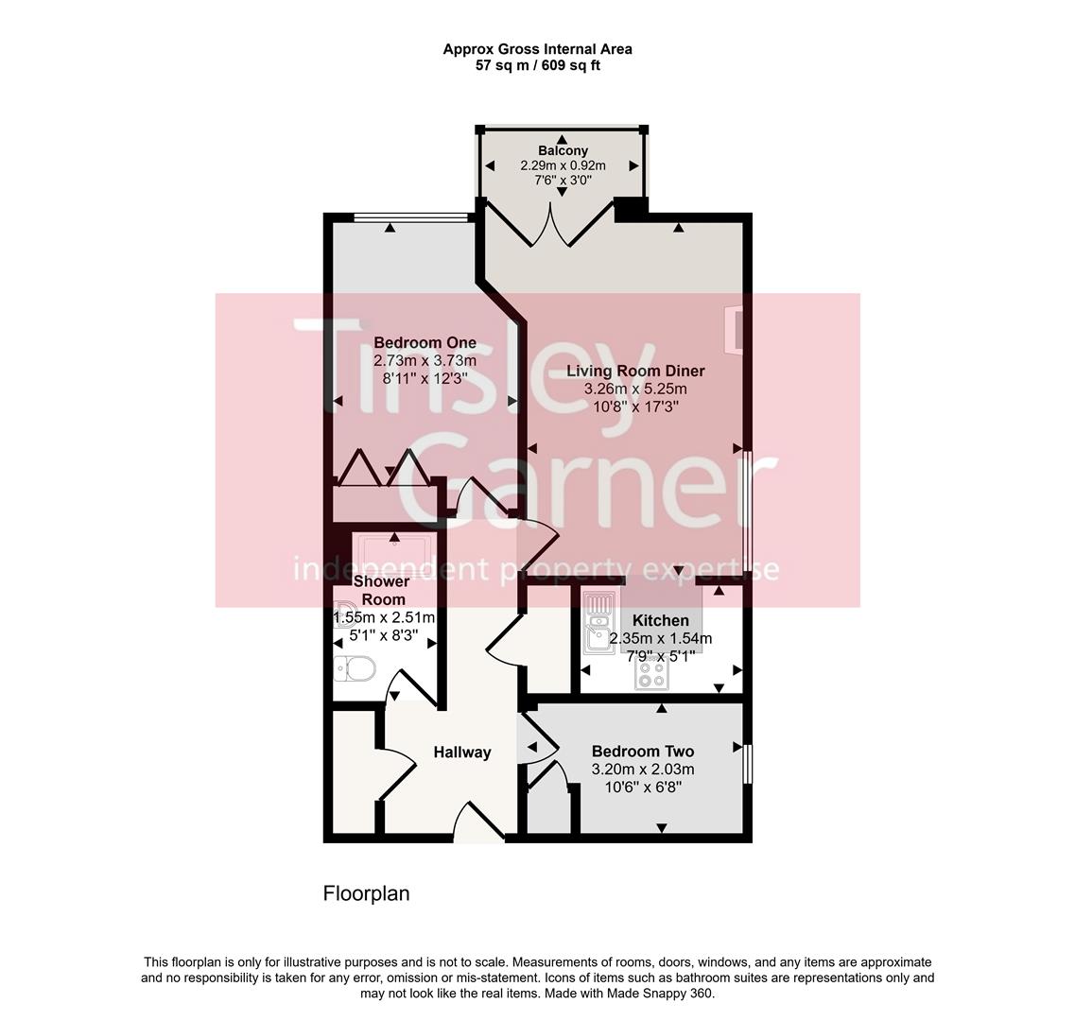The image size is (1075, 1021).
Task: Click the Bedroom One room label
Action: [425, 342]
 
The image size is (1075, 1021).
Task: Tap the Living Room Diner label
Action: [635, 372]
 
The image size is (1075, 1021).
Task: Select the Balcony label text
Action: [563, 150]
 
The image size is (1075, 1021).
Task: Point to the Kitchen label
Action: [660, 620]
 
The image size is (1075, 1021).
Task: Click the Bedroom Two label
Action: [642, 752]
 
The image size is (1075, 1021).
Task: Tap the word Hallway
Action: [462, 753]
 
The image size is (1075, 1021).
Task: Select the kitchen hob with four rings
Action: [650, 674]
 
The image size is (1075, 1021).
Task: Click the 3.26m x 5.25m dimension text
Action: [635, 389]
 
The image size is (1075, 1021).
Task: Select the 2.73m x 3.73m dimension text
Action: [425, 360]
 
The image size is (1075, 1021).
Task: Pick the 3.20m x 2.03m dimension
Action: [642, 770]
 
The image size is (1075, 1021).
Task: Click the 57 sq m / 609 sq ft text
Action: [537, 66]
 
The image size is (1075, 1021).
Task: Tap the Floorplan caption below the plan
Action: [366, 893]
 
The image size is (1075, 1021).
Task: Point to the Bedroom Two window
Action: [747, 764]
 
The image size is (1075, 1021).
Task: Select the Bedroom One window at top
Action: [411, 217]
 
